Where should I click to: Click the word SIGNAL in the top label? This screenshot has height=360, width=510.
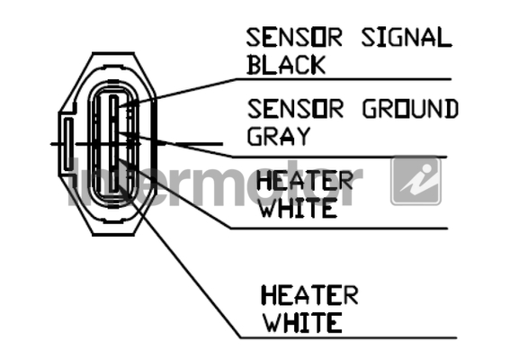[407, 38]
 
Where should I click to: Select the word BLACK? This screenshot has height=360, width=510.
[286, 65]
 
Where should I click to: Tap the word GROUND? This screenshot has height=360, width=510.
[410, 109]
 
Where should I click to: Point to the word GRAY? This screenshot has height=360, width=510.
[279, 136]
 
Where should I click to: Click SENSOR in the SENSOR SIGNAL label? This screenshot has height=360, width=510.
[294, 38]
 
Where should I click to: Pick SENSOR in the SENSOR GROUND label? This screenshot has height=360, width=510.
[295, 109]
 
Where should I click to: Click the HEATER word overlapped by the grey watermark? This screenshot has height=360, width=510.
[305, 181]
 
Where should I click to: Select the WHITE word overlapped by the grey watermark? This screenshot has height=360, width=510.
[299, 208]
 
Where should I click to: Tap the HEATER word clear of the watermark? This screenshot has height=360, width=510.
[309, 295]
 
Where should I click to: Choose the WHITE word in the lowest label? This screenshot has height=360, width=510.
[302, 322]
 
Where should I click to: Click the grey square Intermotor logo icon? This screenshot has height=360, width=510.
[416, 181]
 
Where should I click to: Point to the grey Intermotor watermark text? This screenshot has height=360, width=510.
[215, 183]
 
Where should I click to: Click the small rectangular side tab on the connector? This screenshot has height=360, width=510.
[68, 144]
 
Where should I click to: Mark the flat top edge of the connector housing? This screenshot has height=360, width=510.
[113, 53]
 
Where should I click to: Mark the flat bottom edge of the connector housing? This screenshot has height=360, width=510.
[113, 234]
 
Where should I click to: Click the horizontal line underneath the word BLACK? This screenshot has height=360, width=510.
[344, 79]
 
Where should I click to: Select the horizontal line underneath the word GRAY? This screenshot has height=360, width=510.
[340, 157]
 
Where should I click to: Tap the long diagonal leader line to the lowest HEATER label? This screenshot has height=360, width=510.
[180, 248]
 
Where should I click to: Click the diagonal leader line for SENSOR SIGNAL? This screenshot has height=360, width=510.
[177, 93]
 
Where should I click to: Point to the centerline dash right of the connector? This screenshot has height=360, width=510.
[199, 143]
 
